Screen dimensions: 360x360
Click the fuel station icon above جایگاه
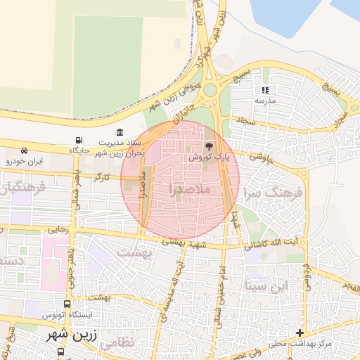(x=78, y=140)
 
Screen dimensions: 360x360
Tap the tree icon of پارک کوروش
(x=208, y=147)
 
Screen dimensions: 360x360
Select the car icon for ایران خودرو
(x=25, y=151)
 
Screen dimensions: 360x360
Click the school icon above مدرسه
(x=265, y=90)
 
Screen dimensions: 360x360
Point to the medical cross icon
(x=300, y=332)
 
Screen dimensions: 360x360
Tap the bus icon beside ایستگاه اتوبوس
(x=67, y=304)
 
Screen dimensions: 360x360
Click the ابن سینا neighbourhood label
(x=267, y=285)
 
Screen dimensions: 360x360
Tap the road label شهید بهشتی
(x=186, y=241)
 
